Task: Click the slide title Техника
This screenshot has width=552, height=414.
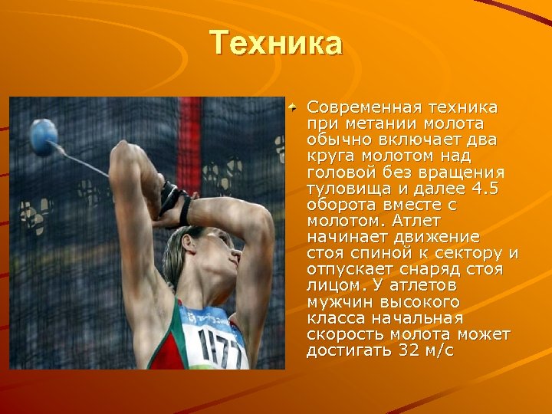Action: click(x=277, y=43)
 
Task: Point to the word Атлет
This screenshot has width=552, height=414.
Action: click(x=417, y=219)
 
